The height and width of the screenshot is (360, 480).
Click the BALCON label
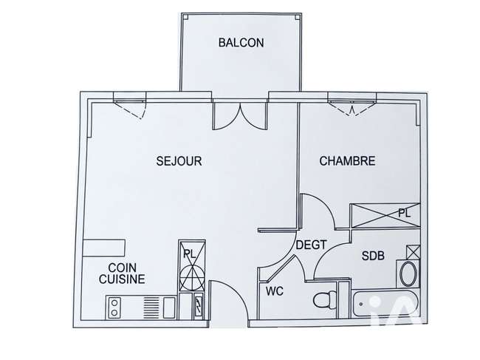click(x=241, y=42)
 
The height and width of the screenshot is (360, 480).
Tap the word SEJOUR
click(x=179, y=161)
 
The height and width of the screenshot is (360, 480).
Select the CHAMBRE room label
click(x=347, y=161)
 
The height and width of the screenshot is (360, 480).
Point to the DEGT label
click(x=312, y=245)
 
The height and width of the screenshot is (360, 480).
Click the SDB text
click(x=373, y=256)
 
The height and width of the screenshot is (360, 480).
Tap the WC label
click(x=274, y=291)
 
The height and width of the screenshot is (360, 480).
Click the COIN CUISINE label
click(x=122, y=274)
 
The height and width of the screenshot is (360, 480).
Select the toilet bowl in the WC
click(x=325, y=299)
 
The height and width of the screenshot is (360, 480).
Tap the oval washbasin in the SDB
click(x=408, y=274)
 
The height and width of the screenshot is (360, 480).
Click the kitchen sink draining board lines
click(x=151, y=308)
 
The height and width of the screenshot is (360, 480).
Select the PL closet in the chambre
click(x=385, y=216)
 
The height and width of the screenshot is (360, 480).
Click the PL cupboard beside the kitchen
click(x=192, y=265)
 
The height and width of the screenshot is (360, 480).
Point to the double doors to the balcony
click(x=241, y=116)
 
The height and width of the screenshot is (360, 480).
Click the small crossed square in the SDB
click(x=414, y=252)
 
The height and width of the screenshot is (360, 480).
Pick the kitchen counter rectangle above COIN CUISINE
click(x=104, y=248)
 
